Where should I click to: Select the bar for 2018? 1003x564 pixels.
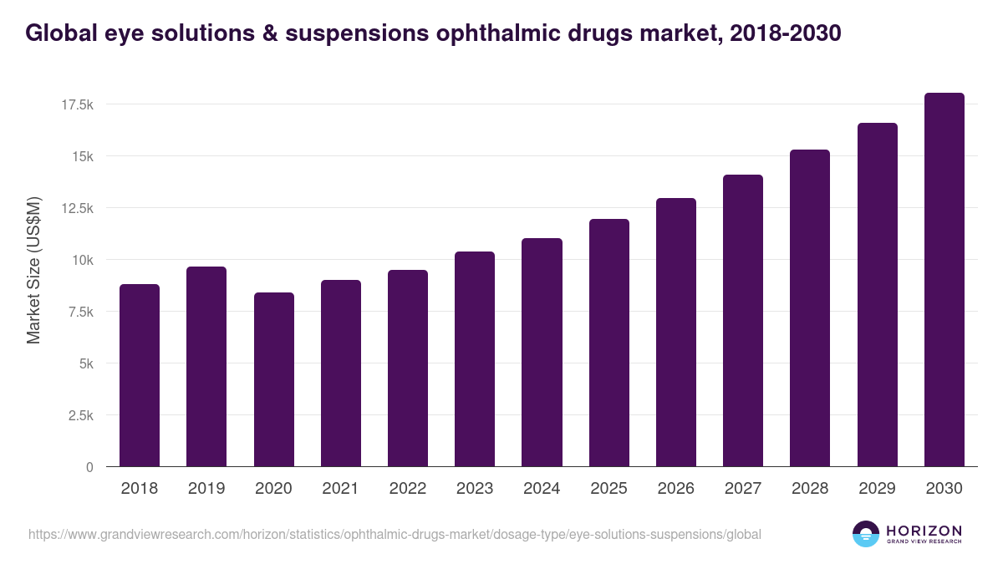click(140, 376)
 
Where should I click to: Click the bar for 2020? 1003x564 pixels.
click(273, 380)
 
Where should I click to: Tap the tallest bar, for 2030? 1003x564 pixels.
click(944, 280)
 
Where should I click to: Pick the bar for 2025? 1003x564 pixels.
click(608, 343)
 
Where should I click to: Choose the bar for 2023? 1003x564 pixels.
click(475, 359)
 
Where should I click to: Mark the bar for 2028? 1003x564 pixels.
click(810, 309)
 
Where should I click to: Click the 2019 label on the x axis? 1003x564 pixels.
click(206, 489)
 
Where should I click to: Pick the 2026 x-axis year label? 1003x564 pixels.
click(675, 489)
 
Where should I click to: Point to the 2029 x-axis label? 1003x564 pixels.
click(877, 489)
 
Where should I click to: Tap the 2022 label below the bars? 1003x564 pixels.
click(407, 489)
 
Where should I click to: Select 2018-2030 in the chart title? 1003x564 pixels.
click(784, 33)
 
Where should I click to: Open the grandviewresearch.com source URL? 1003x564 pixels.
click(395, 534)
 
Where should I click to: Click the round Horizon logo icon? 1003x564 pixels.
click(866, 534)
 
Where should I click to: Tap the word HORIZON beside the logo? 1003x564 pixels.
click(924, 531)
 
